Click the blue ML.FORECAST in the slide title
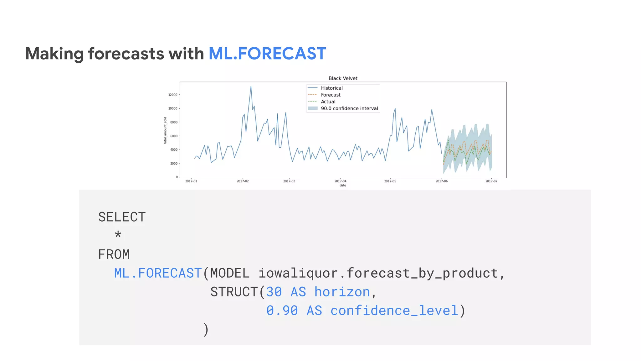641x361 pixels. point(267,54)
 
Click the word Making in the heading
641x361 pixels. point(54,54)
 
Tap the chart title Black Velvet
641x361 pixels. point(343,78)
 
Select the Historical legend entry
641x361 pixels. point(331,88)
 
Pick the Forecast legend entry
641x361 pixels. point(331,95)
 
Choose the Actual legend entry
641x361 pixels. point(328,102)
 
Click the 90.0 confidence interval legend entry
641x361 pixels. point(349,108)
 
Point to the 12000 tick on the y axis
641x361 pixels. point(173,95)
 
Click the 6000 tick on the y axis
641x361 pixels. point(174,136)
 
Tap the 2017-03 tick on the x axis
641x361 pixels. point(289,181)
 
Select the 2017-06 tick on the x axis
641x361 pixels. point(442,181)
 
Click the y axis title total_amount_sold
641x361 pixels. point(165,130)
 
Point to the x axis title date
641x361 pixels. point(343,186)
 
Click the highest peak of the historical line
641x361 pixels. point(251,86)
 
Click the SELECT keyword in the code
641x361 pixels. point(122,217)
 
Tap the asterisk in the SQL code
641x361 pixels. point(118,235)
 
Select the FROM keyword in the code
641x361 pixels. point(114,254)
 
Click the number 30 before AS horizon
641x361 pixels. point(274,292)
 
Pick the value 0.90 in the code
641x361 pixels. point(282,311)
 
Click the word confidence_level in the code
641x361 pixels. point(394,311)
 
